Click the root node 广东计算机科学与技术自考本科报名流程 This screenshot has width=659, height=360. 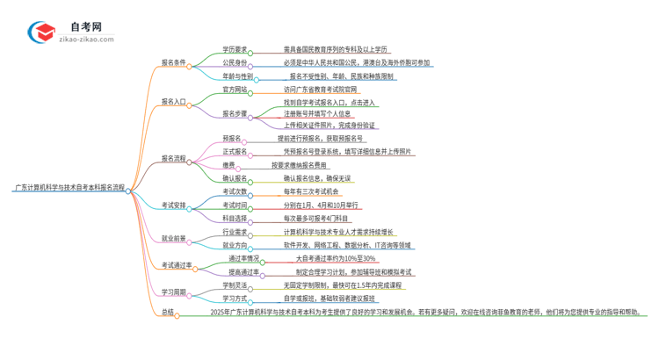(x=69, y=188)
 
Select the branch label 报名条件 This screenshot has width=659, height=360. (x=174, y=62)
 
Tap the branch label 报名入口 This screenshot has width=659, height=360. (x=174, y=102)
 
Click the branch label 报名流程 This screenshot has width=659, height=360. (x=174, y=158)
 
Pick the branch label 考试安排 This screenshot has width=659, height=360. (x=174, y=205)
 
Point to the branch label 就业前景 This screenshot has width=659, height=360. (x=174, y=238)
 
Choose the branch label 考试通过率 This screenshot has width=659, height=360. (x=177, y=265)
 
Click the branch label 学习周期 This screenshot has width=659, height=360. (x=174, y=292)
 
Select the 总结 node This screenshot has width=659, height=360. (x=167, y=312)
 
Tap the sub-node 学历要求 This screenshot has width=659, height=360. (x=235, y=50)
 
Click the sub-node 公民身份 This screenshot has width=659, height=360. (x=235, y=63)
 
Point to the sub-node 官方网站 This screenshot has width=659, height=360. (x=235, y=89)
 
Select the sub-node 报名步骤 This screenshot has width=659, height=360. (x=235, y=113)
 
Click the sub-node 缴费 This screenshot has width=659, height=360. (x=228, y=164)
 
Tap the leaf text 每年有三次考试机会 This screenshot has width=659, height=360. (x=311, y=191)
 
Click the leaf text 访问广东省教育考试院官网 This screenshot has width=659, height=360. (x=321, y=89)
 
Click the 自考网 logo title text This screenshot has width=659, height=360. (x=86, y=27)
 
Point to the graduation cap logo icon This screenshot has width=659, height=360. (x=42, y=32)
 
